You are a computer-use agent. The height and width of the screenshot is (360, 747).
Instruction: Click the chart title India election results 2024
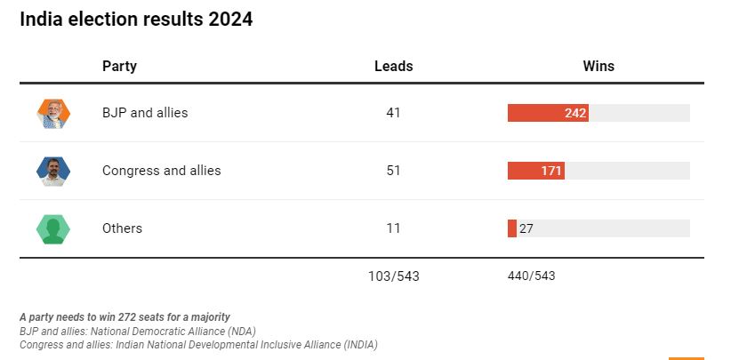pos(136,20)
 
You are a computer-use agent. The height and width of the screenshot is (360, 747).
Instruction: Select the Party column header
pos(119,66)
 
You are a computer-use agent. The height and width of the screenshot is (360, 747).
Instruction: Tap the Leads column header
pos(393,66)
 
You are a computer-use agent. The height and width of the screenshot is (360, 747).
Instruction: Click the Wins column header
pos(598,66)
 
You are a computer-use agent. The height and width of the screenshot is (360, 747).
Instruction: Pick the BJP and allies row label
pos(145,113)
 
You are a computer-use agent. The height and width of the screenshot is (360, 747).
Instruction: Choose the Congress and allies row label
pos(161,171)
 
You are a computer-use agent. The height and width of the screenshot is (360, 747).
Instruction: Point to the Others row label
pos(122,228)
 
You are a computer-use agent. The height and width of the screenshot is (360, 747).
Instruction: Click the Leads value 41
pos(393,113)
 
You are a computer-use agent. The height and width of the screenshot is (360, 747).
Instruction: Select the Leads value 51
pos(393,171)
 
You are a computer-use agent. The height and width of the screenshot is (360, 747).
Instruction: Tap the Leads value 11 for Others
pos(393,228)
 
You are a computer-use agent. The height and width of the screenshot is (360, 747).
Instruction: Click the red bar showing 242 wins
pos(547,113)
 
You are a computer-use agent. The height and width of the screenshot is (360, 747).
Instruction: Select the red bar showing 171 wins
pos(535,171)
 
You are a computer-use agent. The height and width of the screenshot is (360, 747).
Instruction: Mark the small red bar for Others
pos(511,228)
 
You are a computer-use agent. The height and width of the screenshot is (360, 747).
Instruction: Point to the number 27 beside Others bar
pos(526,228)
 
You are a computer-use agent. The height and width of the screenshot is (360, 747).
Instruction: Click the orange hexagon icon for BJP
pos(53,113)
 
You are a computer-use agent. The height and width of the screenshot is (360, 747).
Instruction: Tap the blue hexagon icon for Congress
pos(53,171)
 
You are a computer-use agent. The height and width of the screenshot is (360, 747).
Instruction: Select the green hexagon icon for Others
pos(53,228)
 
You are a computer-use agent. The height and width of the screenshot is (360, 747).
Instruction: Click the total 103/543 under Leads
pos(393,276)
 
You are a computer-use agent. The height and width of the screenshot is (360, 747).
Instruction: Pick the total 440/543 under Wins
pos(531,276)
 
